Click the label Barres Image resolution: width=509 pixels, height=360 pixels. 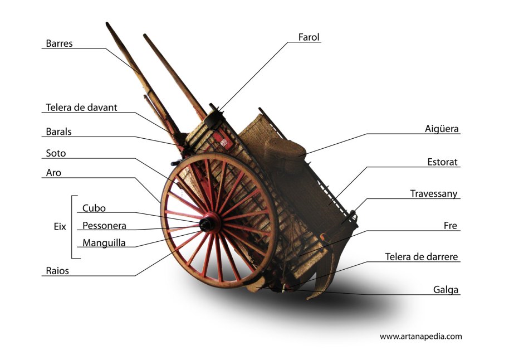pyautogui.click(x=59, y=43)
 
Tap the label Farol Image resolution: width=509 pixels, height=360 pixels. pyautogui.click(x=309, y=38)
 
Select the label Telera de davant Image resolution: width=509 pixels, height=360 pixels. pyautogui.click(x=81, y=108)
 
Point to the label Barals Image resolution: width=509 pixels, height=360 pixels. pyautogui.click(x=59, y=132)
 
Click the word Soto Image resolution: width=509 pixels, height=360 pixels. pyautogui.click(x=56, y=153)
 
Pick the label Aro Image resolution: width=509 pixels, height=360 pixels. pyautogui.click(x=53, y=173)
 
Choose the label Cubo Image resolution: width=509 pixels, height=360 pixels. pyautogui.click(x=94, y=208)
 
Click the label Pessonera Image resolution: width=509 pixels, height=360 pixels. pyautogui.click(x=104, y=226)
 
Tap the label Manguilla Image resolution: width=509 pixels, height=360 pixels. pyautogui.click(x=104, y=243)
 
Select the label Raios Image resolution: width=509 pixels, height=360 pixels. pyautogui.click(x=57, y=271)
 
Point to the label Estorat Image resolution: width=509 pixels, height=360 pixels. pyautogui.click(x=442, y=162)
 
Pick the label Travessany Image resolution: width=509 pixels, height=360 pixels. pyautogui.click(x=434, y=194)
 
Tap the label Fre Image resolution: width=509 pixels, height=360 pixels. pyautogui.click(x=451, y=226)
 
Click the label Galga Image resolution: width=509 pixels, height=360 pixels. pyautogui.click(x=446, y=290)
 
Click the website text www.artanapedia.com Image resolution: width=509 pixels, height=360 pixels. pyautogui.click(x=420, y=336)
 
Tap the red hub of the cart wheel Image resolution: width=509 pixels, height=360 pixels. pyautogui.click(x=211, y=222)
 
